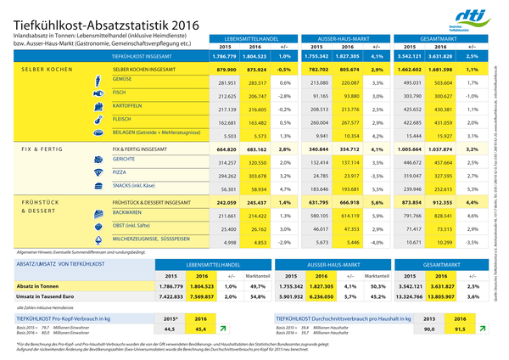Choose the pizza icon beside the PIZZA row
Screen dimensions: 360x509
[97, 173]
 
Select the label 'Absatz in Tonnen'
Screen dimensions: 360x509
[32, 286]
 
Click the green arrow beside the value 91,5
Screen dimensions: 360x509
[482, 328]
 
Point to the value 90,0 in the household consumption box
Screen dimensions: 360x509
[429, 329]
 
